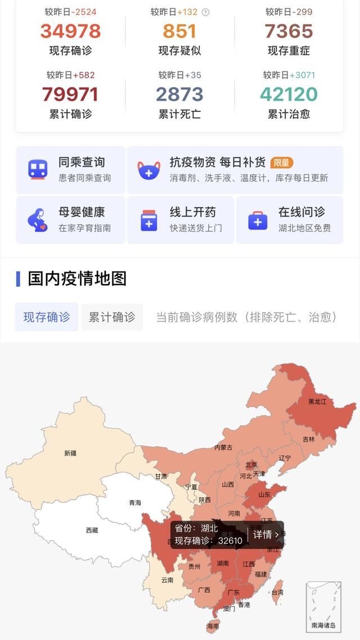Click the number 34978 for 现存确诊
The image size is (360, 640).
[x=70, y=31]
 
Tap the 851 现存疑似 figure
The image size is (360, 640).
[x=179, y=31]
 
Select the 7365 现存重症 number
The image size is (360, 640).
[x=289, y=31]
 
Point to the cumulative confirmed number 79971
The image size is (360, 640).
[x=70, y=94]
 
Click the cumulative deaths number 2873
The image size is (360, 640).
[x=179, y=94]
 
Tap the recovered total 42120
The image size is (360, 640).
[x=289, y=94]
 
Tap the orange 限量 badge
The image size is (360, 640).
[x=282, y=163]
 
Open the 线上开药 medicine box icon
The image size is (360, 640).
[x=148, y=220]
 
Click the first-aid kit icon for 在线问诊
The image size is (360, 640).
[x=258, y=220]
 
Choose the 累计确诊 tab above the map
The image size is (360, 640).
[x=112, y=317]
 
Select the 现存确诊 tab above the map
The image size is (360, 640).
[x=47, y=317]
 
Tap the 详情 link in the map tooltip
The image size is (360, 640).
[x=265, y=534]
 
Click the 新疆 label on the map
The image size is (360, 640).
[x=70, y=453]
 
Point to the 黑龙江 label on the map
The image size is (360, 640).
[x=317, y=402]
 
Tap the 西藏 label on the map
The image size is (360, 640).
[x=92, y=530]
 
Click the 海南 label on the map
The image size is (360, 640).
[x=213, y=626]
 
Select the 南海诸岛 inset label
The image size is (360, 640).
[x=323, y=625]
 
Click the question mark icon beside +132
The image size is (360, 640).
[x=205, y=12]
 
